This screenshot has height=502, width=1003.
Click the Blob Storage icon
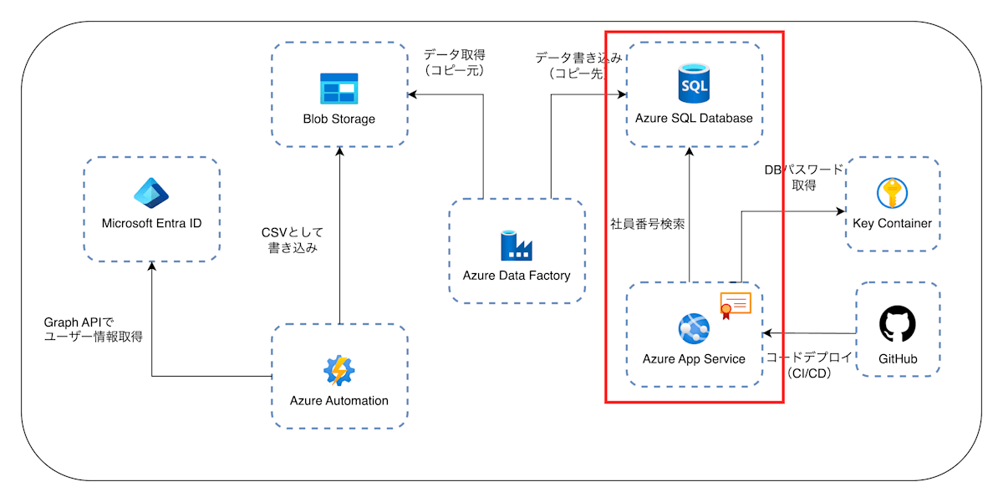tap(339, 88)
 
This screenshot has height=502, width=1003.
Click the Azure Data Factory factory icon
tap(516, 245)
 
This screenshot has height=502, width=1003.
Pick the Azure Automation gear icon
tap(339, 370)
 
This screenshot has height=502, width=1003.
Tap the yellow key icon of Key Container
tap(891, 193)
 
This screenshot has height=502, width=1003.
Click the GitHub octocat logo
tap(898, 325)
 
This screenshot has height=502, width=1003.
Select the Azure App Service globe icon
tap(694, 329)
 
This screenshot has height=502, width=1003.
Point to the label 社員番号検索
tap(648, 224)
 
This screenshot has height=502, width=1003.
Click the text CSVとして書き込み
tap(292, 240)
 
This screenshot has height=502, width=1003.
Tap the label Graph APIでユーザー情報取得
tap(93, 329)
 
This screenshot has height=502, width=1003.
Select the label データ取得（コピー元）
tap(454, 63)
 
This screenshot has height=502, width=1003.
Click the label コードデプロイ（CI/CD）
tap(809, 365)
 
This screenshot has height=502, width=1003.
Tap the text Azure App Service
tap(694, 359)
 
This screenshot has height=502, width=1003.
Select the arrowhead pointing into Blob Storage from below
tap(339, 150)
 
